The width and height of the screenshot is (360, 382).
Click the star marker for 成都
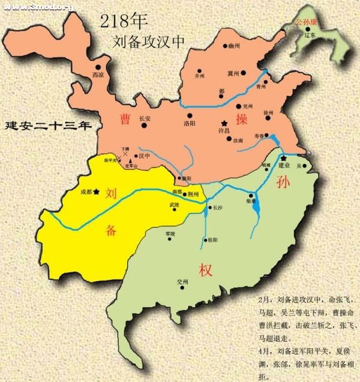[x=96, y=192]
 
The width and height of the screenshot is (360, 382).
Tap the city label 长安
[x=146, y=119]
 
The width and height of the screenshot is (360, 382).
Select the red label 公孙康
[x=306, y=22]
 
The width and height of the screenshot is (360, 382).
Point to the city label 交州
[x=182, y=282]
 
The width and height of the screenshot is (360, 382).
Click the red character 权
[x=202, y=266]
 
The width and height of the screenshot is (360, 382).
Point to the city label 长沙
[x=217, y=208]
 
